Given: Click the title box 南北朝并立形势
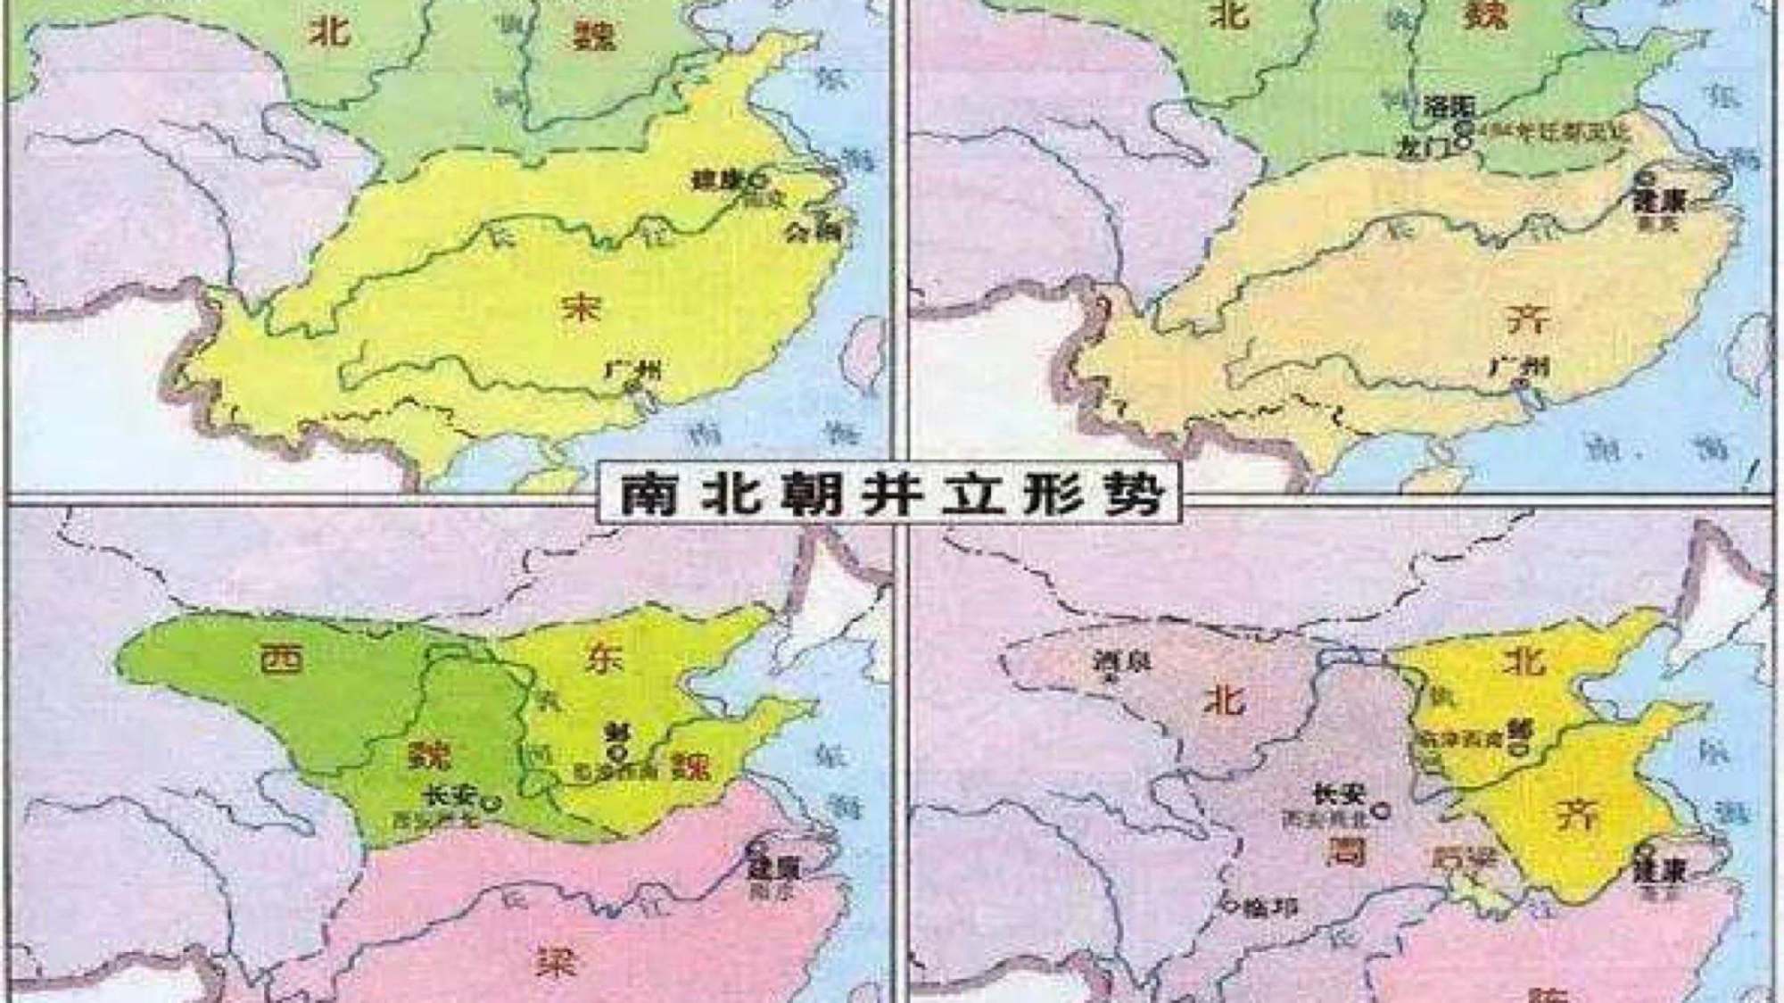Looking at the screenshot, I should [888, 493].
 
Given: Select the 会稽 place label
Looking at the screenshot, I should [813, 232].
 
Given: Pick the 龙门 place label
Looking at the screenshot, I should [1425, 149].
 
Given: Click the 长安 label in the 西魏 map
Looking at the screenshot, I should [448, 793].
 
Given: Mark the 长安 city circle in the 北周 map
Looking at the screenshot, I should [1383, 810].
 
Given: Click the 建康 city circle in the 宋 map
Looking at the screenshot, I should [758, 179].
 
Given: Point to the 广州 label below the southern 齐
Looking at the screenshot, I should [1519, 367].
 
